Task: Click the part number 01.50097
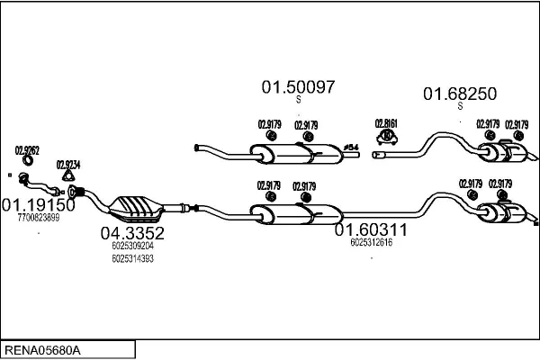click(x=298, y=88)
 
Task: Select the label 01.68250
click(x=460, y=94)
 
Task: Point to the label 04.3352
click(x=131, y=232)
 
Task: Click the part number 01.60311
click(x=372, y=229)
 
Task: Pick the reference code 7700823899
click(x=38, y=218)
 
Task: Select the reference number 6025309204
click(x=132, y=245)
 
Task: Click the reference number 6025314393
click(x=132, y=258)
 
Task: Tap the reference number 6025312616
click(x=372, y=242)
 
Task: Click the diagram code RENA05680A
click(x=43, y=348)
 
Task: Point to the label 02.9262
click(x=26, y=150)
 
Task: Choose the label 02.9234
click(x=67, y=165)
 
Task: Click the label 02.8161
click(x=386, y=123)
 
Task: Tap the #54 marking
click(x=351, y=146)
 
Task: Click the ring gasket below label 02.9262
click(x=26, y=162)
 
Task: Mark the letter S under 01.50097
click(x=298, y=100)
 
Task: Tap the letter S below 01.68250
click(x=460, y=106)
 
